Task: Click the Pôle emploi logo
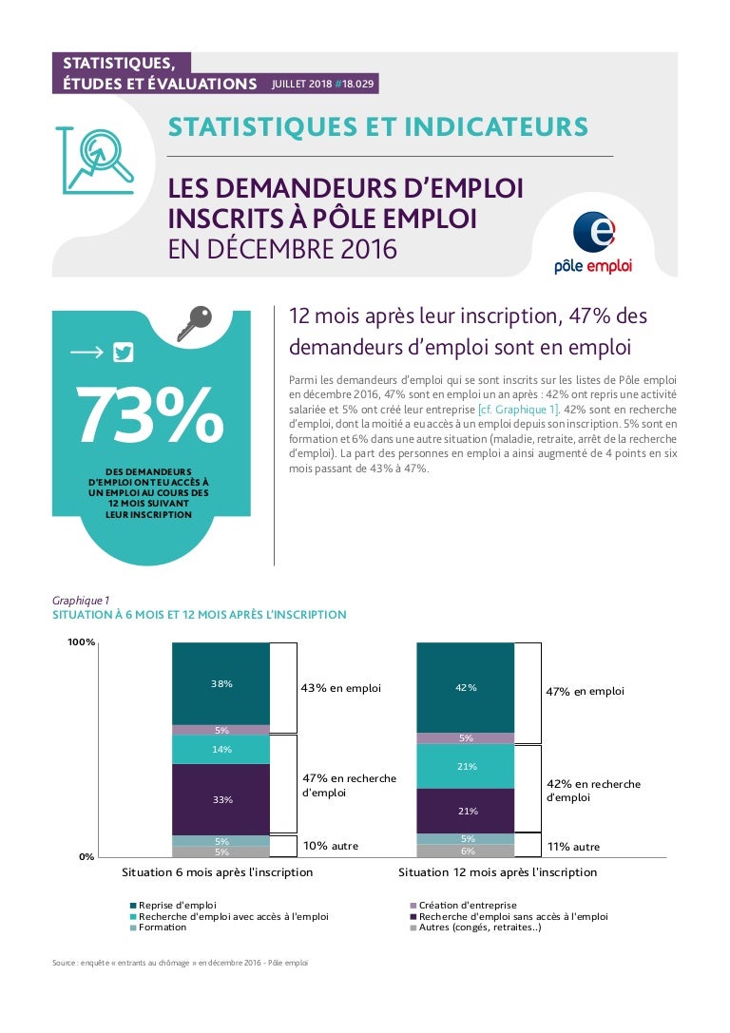click(x=593, y=241)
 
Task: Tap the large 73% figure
click(x=149, y=415)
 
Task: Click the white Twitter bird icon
click(x=123, y=353)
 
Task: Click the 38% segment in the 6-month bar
click(x=221, y=683)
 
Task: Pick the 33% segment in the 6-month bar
click(x=221, y=799)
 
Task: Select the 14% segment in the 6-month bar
click(x=221, y=749)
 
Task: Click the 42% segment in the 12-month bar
click(x=466, y=687)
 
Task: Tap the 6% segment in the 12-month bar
click(x=466, y=851)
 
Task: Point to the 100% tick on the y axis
click(x=81, y=642)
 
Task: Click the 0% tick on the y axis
click(x=85, y=856)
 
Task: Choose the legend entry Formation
click(x=163, y=928)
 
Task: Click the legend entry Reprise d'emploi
click(x=177, y=906)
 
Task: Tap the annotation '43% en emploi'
click(x=340, y=688)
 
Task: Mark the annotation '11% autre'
click(x=574, y=846)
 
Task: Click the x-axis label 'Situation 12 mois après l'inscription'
click(x=497, y=872)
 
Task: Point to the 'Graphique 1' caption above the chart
click(x=81, y=600)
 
